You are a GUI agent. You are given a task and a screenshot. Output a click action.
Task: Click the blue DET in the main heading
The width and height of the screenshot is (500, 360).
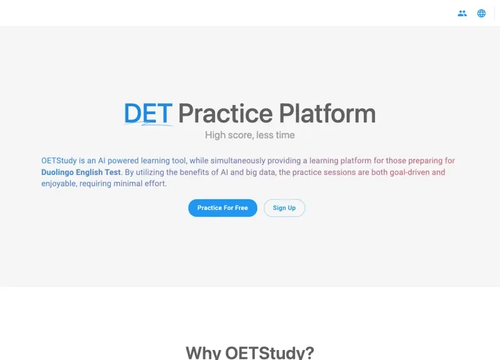tap(147, 113)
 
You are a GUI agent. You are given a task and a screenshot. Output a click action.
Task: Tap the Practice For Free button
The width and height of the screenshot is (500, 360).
tap(222, 208)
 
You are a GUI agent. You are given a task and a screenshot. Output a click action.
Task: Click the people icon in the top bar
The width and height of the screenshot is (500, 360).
tap(462, 13)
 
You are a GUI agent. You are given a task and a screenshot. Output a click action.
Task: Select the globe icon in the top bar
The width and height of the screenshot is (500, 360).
tap(481, 13)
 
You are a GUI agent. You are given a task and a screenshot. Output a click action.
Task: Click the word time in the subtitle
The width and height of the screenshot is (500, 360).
tap(284, 135)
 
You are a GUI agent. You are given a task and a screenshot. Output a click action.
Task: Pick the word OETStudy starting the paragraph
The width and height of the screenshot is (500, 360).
tap(59, 161)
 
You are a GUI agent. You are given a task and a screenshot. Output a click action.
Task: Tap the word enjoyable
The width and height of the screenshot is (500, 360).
tap(59, 184)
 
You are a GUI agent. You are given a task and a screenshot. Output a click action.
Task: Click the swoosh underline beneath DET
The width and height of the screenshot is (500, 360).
tap(149, 124)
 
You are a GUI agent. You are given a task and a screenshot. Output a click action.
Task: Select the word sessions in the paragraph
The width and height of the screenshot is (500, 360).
tap(340, 172)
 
